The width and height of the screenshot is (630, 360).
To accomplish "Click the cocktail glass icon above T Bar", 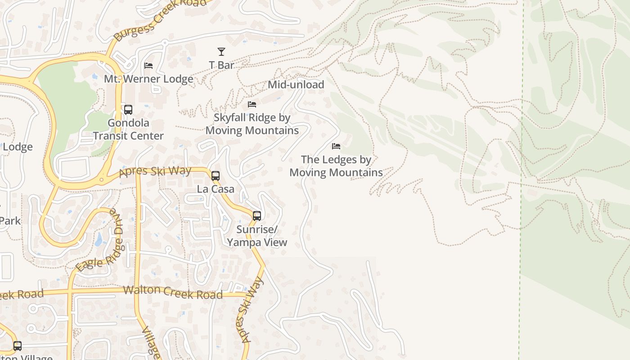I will tap(221, 52).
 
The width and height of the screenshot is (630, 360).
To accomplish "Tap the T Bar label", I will tap(221, 65).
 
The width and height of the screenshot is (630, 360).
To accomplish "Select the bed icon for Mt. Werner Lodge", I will tap(148, 66).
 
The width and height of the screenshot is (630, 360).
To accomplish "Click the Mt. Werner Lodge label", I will tap(148, 79).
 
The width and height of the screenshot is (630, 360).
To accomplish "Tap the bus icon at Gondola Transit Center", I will tap(128, 110).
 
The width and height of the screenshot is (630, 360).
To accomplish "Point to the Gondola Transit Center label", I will tap(128, 129).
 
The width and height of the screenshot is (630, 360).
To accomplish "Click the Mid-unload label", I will tap(296, 85).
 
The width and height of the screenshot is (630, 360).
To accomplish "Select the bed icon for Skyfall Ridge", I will tap(252, 104).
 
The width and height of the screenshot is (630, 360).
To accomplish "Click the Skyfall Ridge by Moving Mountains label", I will tap(252, 124).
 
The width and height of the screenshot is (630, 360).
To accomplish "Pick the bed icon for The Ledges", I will tap(336, 146).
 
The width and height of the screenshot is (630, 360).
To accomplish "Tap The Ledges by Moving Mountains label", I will tap(336, 166).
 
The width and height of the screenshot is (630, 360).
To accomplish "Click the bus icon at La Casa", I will tap(216, 176).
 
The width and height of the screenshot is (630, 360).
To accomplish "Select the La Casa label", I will tap(216, 189).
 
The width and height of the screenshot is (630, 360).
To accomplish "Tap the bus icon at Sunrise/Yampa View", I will tap(257, 216).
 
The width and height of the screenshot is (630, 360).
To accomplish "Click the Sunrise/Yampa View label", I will tap(257, 236).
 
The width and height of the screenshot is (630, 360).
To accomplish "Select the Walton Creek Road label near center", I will tap(173, 292).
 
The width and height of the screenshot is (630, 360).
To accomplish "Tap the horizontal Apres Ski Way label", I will tap(155, 172).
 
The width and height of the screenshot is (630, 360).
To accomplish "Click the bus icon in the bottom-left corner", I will tap(18, 346).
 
